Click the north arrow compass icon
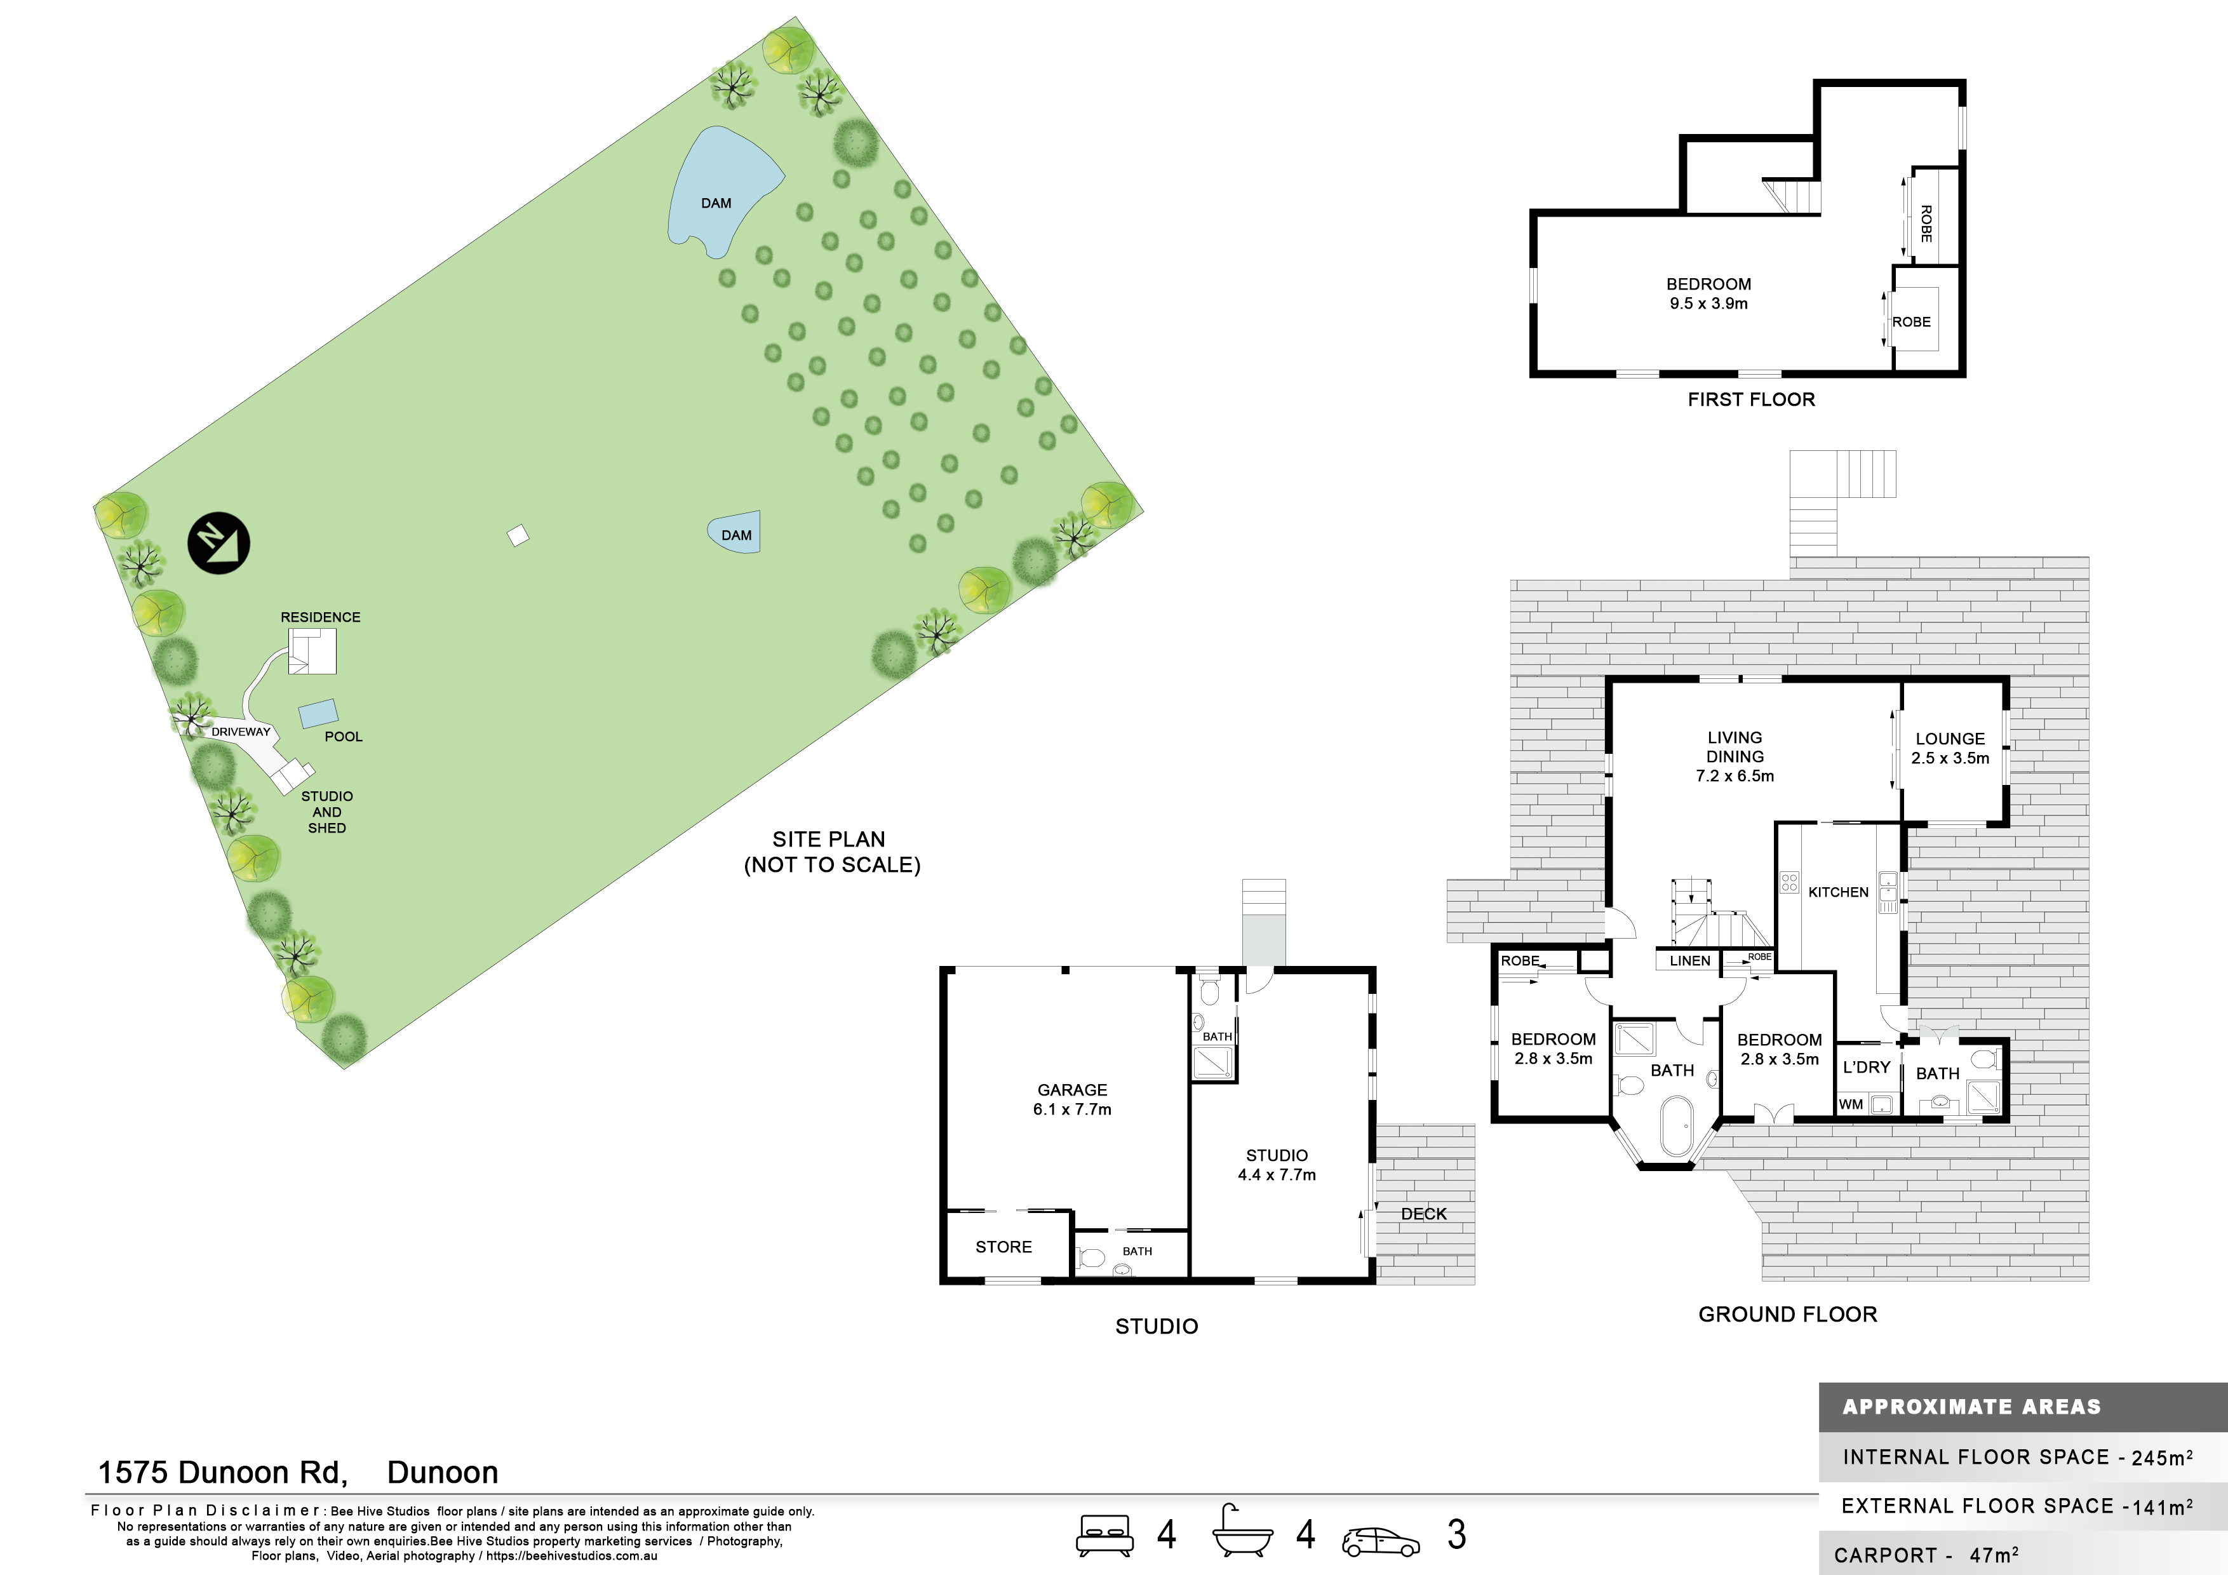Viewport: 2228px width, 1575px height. (218, 542)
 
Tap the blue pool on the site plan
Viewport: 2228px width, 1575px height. (318, 713)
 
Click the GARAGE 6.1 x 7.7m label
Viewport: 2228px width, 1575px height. (1072, 1099)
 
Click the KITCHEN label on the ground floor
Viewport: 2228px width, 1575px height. (1838, 892)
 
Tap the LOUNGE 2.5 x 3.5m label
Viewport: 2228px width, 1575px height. (1950, 748)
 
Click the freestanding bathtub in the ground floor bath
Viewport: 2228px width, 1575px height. (1676, 1126)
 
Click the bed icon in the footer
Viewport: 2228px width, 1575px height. (1104, 1535)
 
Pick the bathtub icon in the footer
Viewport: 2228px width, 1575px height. (1242, 1532)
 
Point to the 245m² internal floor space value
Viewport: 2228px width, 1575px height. (2162, 1458)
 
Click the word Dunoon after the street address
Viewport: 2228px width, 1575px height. (443, 1472)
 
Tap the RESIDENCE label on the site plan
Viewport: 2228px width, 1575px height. (320, 617)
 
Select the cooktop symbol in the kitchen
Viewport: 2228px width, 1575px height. (1789, 882)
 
